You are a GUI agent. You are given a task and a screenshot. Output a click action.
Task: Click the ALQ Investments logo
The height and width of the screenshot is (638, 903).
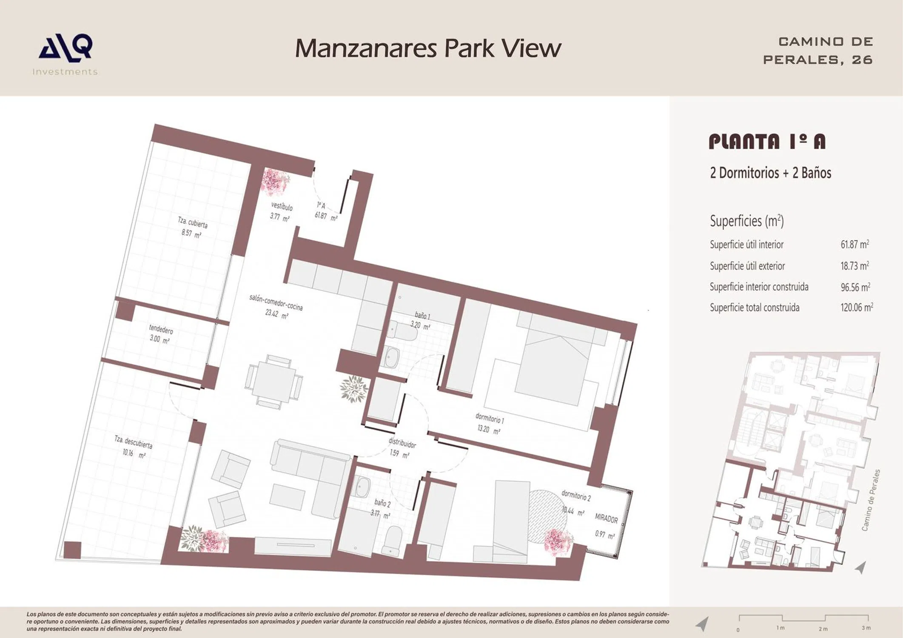click(x=66, y=55)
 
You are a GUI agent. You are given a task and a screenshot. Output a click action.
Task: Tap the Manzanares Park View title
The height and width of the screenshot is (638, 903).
click(x=428, y=48)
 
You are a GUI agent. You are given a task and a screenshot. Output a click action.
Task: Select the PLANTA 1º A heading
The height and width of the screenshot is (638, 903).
click(x=767, y=142)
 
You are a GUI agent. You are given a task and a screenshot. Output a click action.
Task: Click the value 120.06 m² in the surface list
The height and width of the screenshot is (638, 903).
click(x=856, y=307)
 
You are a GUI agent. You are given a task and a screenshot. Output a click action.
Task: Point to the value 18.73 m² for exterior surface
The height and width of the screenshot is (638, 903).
click(x=855, y=266)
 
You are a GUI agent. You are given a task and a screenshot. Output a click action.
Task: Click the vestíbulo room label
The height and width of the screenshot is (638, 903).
click(x=281, y=207)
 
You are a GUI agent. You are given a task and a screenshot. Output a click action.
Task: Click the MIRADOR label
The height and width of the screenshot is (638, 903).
click(x=606, y=518)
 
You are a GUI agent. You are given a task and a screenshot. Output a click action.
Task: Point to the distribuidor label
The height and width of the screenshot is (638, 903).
click(x=402, y=442)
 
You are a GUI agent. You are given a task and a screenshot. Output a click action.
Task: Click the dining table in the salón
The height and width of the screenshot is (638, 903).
click(x=274, y=382)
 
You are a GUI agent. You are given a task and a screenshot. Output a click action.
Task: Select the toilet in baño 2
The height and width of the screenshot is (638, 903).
click(x=392, y=541)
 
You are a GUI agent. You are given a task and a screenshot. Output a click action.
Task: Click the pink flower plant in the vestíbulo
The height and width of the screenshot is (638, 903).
click(x=274, y=182)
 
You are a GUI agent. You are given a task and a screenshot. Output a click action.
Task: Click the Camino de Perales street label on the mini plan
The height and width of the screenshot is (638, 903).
click(x=871, y=500)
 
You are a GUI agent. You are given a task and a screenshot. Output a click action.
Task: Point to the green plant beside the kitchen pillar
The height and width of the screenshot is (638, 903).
click(x=354, y=388)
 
